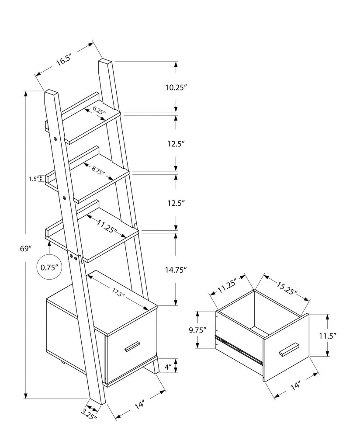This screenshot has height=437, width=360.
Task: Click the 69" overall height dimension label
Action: pyautogui.click(x=27, y=249)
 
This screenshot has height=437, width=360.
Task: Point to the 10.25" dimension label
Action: pyautogui.click(x=176, y=87)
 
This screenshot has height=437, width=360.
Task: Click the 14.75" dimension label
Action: pyautogui.click(x=176, y=270)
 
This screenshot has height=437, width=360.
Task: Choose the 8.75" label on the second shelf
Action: pyautogui.click(x=99, y=170)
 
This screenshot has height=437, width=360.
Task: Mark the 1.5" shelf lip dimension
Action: pyautogui.click(x=34, y=178)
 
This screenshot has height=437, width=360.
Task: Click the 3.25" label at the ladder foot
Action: pyautogui.click(x=89, y=413)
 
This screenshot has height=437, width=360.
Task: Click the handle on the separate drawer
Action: pyautogui.click(x=288, y=349)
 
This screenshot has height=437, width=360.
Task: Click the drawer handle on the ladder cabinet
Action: pyautogui.click(x=132, y=347)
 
